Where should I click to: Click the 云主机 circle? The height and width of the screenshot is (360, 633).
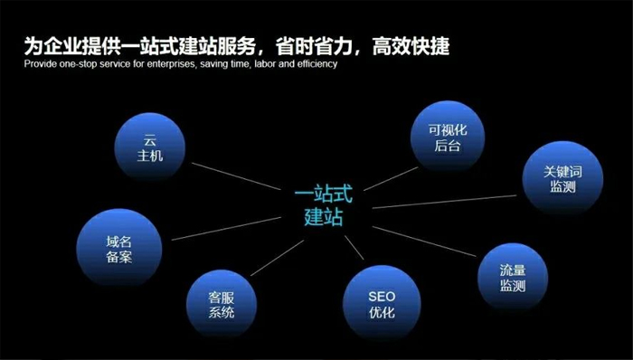coord(151,149)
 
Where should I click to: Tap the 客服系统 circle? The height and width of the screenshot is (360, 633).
coord(222,303)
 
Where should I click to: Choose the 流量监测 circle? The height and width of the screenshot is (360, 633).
coord(513,278)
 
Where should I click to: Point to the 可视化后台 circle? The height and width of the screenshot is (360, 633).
coord(448,137)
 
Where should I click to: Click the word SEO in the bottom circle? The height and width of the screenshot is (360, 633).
coord(382,296)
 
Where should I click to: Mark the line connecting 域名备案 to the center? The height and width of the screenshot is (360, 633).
coord(226,225)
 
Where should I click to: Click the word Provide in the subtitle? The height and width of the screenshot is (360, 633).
coord(41,66)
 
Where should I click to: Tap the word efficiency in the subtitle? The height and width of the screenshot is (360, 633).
coord(315,66)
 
